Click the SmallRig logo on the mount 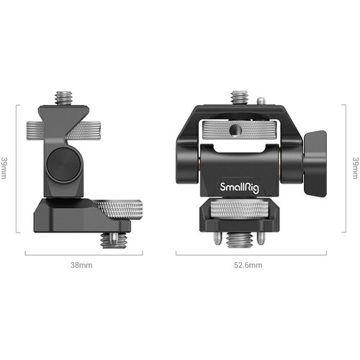(239, 187)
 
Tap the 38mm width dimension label (81, 265)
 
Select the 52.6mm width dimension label (248, 265)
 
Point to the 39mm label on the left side (4, 168)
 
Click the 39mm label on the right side (356, 168)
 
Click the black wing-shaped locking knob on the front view (315, 164)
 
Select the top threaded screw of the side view (63, 97)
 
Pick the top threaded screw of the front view (239, 97)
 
